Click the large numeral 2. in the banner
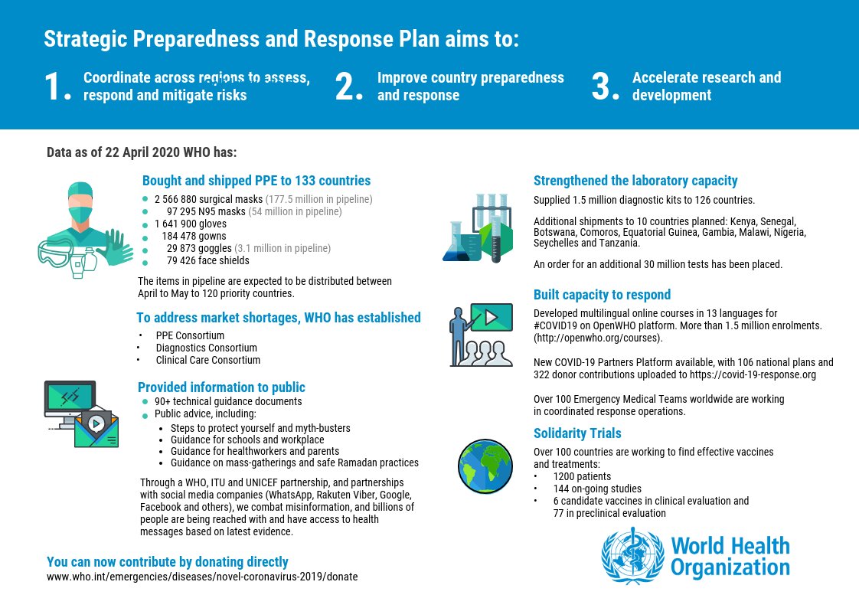coord(348,87)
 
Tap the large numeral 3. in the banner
coord(605,87)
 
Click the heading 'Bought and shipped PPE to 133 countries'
coord(256,181)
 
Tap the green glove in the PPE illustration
coord(115,247)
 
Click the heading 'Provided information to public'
coord(221,387)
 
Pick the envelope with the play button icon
coord(96,429)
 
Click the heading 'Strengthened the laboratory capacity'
coord(635,181)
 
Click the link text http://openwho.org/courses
coord(598,337)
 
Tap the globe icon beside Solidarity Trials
coord(485,466)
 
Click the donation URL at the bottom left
coord(202,576)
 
